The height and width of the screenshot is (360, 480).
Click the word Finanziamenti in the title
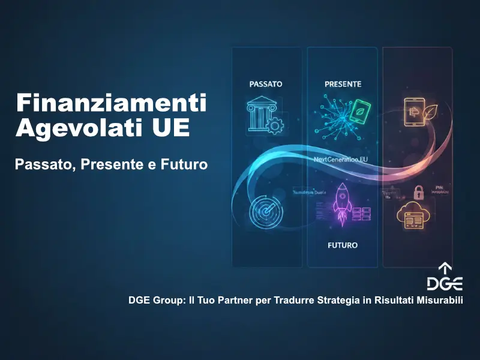point(111,103)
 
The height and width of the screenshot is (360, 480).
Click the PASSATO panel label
point(265,84)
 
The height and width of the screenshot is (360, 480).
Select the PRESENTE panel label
point(343,84)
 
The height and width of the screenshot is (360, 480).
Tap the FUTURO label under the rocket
point(343,245)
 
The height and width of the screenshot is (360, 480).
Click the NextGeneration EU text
point(341,160)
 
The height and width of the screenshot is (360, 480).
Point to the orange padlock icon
point(418,193)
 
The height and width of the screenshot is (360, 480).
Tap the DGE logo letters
point(445,283)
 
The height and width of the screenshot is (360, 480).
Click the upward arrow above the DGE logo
point(445,268)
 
